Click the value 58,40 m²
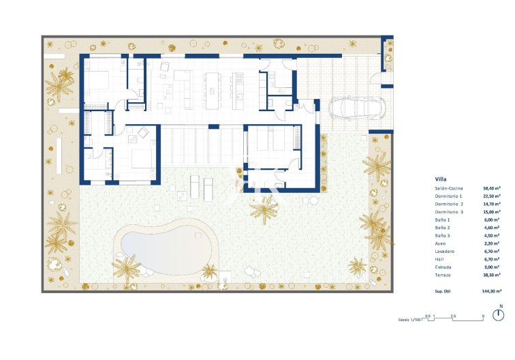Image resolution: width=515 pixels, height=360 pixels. point(492,188)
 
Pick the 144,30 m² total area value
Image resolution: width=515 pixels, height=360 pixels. point(490,291)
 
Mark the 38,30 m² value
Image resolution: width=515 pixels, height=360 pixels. point(492,275)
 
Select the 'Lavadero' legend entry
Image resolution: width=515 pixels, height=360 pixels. point(444,252)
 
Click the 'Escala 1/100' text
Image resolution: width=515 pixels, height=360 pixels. point(409,318)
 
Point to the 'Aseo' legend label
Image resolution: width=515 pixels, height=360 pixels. point(440,243)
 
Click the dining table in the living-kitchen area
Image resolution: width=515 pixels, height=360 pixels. point(213,89)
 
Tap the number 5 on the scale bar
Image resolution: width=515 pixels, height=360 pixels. point(482,314)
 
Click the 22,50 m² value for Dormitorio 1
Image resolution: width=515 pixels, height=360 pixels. point(492,196)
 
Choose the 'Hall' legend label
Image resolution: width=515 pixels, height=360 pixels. point(439,260)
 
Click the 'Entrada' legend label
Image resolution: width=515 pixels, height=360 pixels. point(443,267)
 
